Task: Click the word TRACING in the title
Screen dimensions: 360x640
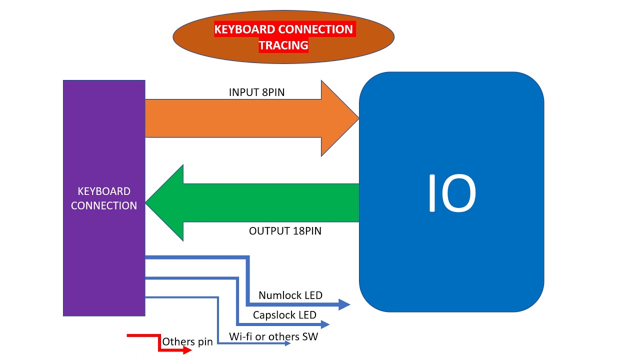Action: [x=283, y=45]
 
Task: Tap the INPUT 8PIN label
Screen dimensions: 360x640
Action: [x=256, y=92]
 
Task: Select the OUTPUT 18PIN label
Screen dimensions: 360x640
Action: [x=285, y=231]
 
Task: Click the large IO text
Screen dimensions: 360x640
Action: [x=451, y=193]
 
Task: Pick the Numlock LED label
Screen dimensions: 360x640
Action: [x=290, y=295]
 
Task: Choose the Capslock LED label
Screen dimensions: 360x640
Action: [x=284, y=315]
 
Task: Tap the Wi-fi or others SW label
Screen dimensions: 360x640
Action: [x=273, y=336]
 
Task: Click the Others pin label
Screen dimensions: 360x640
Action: [x=187, y=342]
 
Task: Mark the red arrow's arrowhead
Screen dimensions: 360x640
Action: [x=187, y=350]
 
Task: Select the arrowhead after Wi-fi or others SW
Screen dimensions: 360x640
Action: [x=287, y=343]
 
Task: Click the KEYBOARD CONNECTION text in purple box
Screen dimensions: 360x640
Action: [x=104, y=198]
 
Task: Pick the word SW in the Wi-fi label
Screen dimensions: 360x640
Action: [x=310, y=336]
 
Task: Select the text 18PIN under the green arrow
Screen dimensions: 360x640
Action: [x=306, y=231]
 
